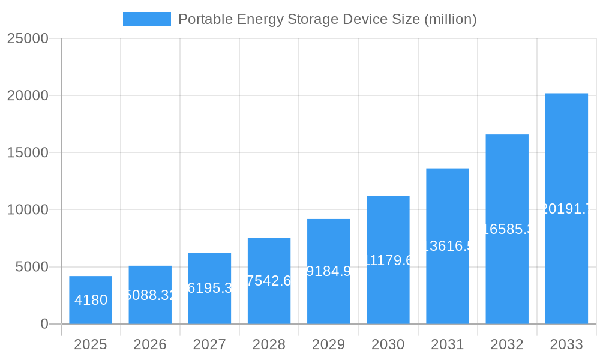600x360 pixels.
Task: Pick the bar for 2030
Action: coord(388,294)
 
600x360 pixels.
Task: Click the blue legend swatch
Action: coord(146,19)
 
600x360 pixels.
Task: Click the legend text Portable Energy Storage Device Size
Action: coord(327,19)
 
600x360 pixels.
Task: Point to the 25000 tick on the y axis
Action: coord(28,38)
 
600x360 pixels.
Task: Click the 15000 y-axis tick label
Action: coord(28,152)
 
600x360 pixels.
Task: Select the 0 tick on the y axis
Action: coord(44,324)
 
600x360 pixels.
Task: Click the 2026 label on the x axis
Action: coord(150,344)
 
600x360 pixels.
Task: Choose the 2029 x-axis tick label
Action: coord(329,344)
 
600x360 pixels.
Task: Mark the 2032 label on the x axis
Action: coord(507,344)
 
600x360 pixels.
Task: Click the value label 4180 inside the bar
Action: coord(91,300)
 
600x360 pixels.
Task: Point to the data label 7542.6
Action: coord(269,281)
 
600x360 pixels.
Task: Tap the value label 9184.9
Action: coord(329,271)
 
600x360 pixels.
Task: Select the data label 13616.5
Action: coord(448,246)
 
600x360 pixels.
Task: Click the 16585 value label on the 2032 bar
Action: coord(507,229)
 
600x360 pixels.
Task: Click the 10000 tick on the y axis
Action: coord(28,210)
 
